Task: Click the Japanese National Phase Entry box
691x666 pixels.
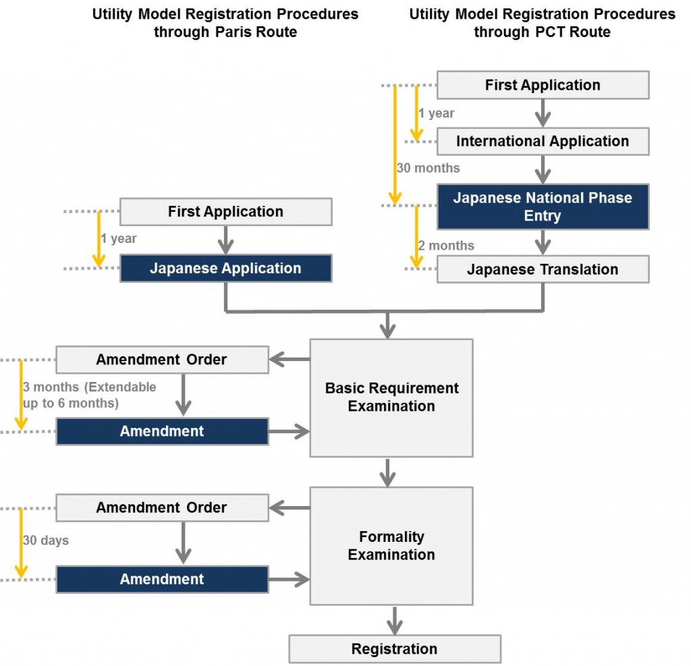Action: pos(543,206)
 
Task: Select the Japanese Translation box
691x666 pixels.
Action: pos(543,269)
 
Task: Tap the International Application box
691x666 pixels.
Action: pos(543,141)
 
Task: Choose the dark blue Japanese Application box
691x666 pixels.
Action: pos(225,268)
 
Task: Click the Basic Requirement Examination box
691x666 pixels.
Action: pos(391,397)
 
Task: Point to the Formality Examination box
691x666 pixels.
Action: pos(391,545)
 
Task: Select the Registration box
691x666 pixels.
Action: pos(395,648)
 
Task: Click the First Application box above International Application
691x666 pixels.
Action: pos(543,85)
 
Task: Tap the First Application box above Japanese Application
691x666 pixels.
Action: pos(225,211)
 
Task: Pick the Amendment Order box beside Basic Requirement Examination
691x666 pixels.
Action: pos(162,359)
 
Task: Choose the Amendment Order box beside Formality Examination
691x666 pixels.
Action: pos(162,507)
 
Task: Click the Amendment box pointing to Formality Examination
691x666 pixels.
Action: pos(162,579)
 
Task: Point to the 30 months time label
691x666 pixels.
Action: pos(429,168)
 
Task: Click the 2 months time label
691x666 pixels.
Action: pos(446,246)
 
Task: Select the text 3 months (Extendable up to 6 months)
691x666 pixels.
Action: pos(89,395)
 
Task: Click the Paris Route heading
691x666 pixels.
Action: pos(225,23)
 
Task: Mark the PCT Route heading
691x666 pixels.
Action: pos(543,23)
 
